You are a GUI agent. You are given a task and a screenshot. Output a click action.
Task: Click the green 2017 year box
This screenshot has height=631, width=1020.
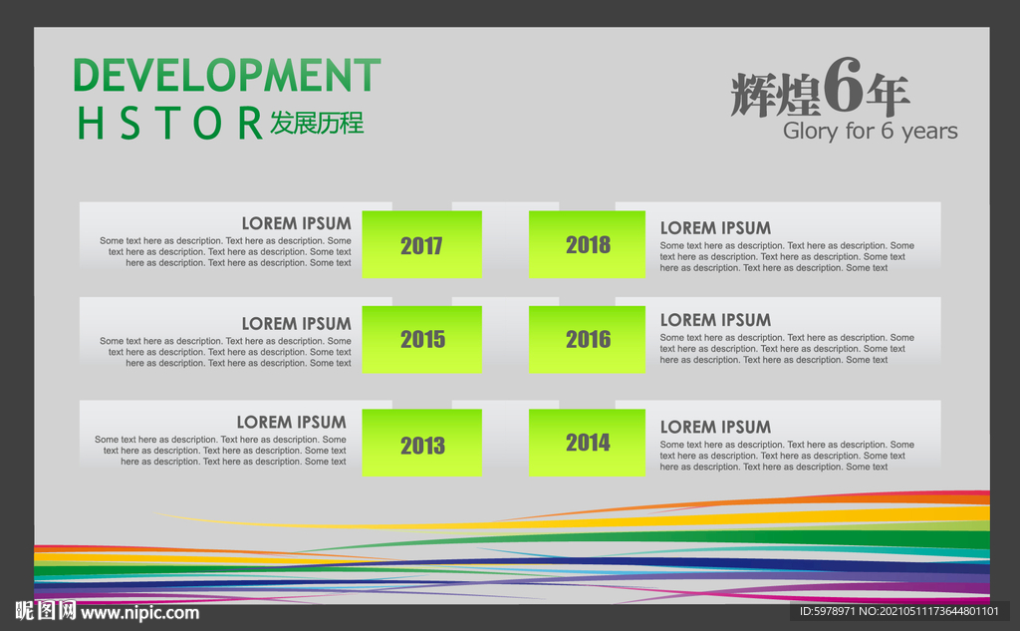(421, 244)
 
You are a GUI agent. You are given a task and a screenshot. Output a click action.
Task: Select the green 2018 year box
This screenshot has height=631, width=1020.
(587, 244)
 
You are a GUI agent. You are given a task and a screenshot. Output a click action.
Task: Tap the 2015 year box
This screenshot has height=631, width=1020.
(421, 339)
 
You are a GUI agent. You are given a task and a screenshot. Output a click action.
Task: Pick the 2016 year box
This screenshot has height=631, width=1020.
(587, 339)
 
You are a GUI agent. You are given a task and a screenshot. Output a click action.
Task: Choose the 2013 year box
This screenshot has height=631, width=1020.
(421, 443)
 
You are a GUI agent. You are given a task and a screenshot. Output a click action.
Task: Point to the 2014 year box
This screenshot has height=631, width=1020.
(587, 443)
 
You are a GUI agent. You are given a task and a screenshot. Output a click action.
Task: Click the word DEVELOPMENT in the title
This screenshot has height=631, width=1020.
(227, 75)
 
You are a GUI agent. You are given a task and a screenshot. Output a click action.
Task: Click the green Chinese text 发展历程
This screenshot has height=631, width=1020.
(317, 123)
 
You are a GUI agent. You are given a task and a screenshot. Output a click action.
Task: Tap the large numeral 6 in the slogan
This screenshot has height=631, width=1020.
(843, 85)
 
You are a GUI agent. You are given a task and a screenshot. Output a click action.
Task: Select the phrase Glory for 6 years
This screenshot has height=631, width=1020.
(870, 131)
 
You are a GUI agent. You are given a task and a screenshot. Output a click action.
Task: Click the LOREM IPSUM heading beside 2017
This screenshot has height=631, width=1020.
(296, 223)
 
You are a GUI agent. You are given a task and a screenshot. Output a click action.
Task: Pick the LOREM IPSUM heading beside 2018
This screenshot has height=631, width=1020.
(715, 228)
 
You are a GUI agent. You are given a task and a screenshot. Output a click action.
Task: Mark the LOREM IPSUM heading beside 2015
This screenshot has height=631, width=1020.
(296, 324)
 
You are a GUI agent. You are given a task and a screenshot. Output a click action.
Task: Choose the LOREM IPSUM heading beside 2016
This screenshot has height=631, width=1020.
(715, 320)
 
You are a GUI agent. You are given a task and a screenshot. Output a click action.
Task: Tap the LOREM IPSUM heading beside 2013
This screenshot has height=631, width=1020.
(292, 422)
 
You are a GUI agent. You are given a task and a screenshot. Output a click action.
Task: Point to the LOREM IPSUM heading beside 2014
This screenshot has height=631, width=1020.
(715, 427)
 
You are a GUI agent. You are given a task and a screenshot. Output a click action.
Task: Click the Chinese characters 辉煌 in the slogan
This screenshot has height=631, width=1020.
(775, 95)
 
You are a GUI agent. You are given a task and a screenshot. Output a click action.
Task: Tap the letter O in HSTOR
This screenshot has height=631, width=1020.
(207, 123)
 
